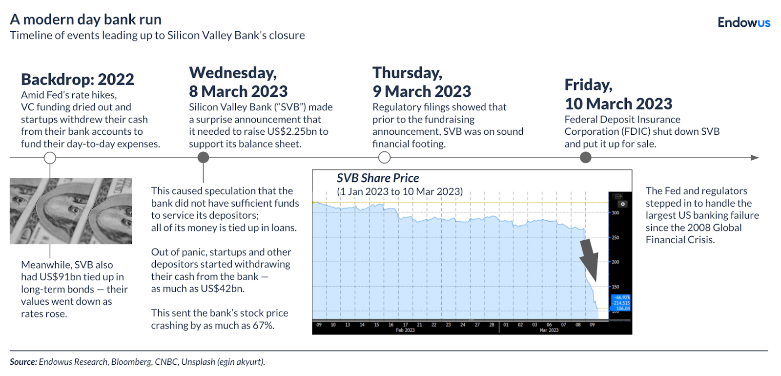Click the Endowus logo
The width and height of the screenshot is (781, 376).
pos(743,22)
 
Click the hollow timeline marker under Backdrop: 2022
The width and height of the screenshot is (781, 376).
pos(50,158)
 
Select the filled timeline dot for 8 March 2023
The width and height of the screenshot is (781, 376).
pos(203,157)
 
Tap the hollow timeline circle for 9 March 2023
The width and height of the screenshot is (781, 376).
pos(384,157)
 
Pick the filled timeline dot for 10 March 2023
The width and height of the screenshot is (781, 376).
pos(585,157)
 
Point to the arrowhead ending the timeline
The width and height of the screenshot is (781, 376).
pos(755,158)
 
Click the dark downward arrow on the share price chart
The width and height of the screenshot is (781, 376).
pos(590,259)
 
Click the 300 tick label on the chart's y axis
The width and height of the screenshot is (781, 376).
pos(615,213)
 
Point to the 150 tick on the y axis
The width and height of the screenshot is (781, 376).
pos(615,287)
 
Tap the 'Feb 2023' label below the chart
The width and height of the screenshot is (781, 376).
pos(405,331)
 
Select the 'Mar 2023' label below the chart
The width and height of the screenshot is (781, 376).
pos(549,331)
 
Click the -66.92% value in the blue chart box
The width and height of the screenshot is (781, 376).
pos(622,297)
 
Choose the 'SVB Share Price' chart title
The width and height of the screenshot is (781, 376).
pos(378,178)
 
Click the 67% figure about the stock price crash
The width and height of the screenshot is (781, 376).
pos(263,325)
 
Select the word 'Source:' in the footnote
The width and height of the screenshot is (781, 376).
pos(23,362)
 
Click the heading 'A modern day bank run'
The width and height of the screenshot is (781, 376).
pos(86,20)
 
